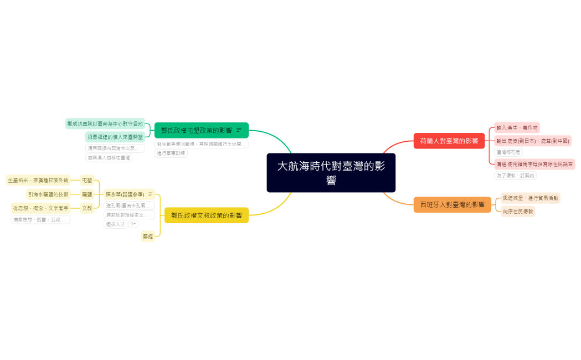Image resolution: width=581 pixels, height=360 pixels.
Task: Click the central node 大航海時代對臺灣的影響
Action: [x=331, y=172]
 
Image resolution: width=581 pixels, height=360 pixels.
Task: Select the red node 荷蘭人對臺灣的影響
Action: [x=449, y=141]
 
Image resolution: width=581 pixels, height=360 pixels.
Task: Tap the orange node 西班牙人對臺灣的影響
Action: [x=452, y=204]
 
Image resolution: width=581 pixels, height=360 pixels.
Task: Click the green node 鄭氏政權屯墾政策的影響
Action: [x=197, y=130]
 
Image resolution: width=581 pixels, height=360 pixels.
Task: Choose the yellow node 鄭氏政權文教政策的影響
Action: [x=206, y=215]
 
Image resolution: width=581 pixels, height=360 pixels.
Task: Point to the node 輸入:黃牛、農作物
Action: [x=517, y=127]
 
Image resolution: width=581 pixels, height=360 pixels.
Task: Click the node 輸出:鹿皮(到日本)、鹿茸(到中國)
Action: [x=532, y=141]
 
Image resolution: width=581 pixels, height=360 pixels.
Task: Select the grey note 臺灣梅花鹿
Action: [x=508, y=152]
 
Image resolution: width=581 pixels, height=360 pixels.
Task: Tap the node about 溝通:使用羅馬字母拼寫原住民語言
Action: [x=534, y=164]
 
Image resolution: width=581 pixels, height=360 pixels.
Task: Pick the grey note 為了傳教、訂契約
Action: [x=515, y=176]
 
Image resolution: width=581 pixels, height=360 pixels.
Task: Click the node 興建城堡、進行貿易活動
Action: [x=530, y=198]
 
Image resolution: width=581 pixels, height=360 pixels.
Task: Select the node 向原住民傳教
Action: [x=518, y=211]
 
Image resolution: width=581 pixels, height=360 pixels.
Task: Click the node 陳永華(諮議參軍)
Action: [x=125, y=194]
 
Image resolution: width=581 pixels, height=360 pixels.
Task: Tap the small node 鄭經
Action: [x=147, y=236]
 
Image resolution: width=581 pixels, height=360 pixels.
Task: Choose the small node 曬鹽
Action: [x=87, y=194]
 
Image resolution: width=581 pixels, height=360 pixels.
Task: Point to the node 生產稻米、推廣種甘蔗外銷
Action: [x=38, y=180]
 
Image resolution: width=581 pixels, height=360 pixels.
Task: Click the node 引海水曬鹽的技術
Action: [x=48, y=194]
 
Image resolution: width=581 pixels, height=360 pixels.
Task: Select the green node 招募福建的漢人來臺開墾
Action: [x=115, y=137]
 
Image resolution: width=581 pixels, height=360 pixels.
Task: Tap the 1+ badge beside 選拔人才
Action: [x=133, y=224]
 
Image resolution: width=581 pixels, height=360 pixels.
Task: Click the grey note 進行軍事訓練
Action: [x=171, y=153]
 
